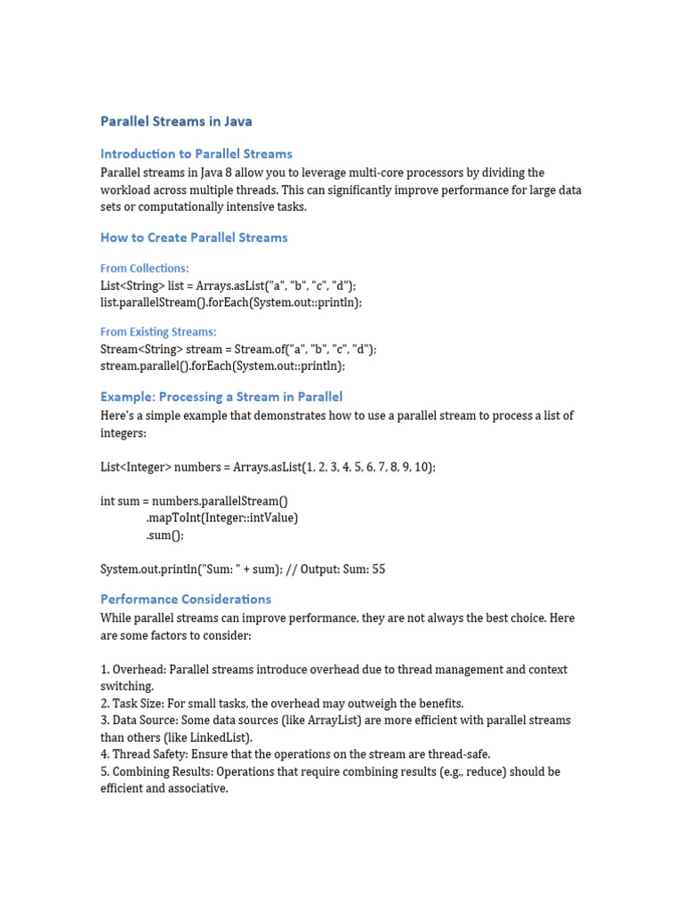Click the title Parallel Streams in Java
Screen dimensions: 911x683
[176, 121]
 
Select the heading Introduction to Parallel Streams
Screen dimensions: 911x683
[196, 154]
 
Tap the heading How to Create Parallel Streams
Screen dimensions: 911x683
[194, 238]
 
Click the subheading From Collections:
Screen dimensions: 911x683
[144, 269]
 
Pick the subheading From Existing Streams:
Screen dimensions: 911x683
[157, 333]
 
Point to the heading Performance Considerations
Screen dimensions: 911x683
[185, 600]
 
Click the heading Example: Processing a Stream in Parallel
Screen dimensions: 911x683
[221, 397]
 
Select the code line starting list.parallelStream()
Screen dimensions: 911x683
[231, 302]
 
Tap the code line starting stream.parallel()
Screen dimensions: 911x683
[222, 366]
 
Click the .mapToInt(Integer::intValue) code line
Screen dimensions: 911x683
[221, 518]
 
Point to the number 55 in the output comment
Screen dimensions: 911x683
[378, 569]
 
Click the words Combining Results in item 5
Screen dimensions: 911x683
[162, 771]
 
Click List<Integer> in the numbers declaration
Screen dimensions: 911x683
[135, 467]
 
